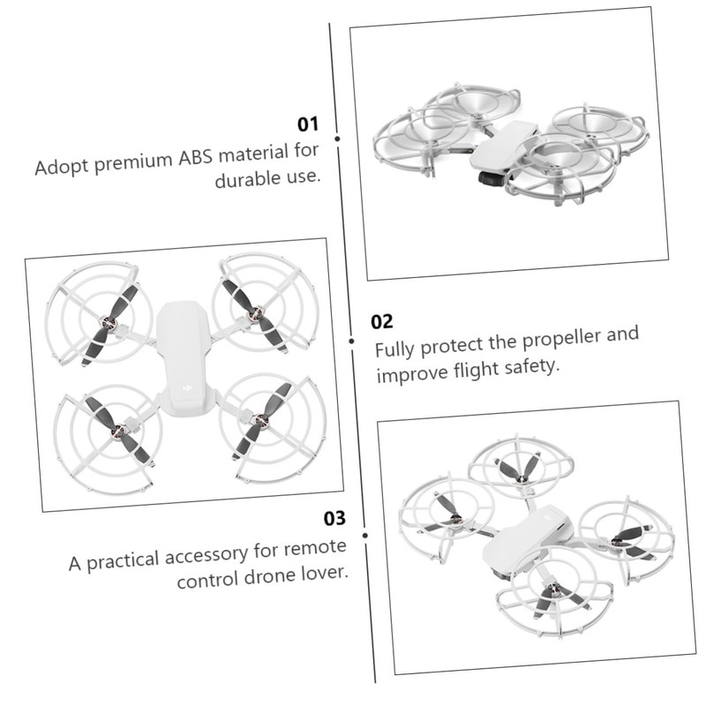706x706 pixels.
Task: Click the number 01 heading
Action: [x=306, y=124]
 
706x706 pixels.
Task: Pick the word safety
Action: [x=534, y=365]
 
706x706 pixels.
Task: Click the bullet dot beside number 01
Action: [x=338, y=138]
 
